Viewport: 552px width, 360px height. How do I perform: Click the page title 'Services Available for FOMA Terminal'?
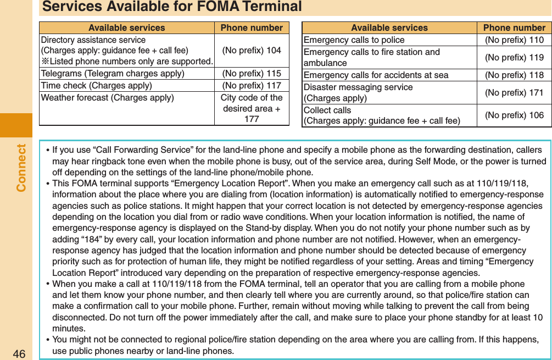tap(172, 7)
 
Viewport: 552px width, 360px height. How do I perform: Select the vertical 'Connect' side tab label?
tap(21, 168)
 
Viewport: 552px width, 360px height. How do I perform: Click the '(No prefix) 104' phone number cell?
tap(252, 50)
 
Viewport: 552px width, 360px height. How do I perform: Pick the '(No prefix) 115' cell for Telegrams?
tap(252, 74)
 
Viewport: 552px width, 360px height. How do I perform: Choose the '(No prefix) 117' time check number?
tap(252, 86)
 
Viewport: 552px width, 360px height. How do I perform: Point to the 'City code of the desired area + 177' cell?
tap(252, 108)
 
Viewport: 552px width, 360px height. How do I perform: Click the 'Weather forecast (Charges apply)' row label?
tap(108, 98)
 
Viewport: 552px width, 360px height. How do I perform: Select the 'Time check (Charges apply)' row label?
tap(97, 86)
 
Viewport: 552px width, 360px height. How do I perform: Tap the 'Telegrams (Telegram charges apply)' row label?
tap(113, 74)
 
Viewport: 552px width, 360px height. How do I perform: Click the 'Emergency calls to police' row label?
tap(354, 40)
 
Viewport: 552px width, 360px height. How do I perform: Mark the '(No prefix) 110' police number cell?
tap(514, 40)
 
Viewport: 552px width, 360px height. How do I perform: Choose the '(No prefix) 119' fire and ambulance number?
tap(514, 57)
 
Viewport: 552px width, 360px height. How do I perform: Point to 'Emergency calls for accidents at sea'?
tap(376, 75)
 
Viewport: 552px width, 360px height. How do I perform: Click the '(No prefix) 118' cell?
tap(514, 75)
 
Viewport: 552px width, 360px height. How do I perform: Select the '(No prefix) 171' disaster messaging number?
tap(514, 92)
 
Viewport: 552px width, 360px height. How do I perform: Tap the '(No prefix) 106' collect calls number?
tap(514, 115)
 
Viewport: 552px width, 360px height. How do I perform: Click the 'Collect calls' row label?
tap(327, 110)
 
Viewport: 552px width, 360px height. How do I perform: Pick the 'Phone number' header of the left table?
tap(252, 27)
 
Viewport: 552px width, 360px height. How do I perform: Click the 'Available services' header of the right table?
tap(389, 27)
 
